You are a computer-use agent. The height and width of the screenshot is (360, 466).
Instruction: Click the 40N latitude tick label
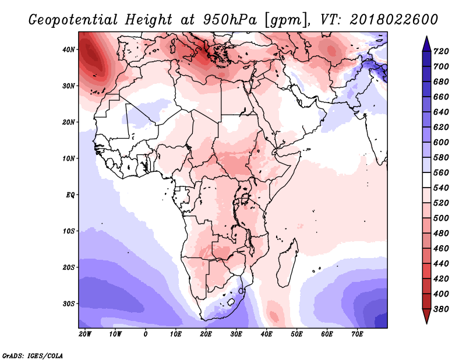click(x=69, y=50)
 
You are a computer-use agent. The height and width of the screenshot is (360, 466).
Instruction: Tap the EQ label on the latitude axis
click(x=70, y=195)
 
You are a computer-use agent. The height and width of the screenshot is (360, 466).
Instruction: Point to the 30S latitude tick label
click(x=69, y=304)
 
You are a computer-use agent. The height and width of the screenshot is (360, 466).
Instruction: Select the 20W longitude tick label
click(x=85, y=334)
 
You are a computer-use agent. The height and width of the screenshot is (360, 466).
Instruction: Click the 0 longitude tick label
click(x=145, y=334)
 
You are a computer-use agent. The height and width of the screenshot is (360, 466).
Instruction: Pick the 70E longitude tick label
click(x=357, y=334)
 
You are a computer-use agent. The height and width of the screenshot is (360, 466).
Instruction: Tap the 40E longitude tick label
click(x=266, y=334)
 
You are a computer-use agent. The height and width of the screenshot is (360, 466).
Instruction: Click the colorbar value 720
click(x=441, y=51)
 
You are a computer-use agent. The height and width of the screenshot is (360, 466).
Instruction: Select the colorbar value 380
click(x=441, y=309)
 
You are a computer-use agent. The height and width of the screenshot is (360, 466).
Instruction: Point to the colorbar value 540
click(x=441, y=188)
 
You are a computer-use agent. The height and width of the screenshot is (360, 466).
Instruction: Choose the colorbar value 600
click(x=441, y=142)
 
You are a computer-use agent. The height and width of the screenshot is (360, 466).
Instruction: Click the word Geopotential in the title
click(x=73, y=20)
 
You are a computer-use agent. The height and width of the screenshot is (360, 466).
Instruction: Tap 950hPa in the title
click(x=230, y=20)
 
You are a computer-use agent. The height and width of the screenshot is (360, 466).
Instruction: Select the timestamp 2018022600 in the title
click(x=394, y=19)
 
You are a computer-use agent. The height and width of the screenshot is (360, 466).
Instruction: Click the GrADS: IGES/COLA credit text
click(x=33, y=356)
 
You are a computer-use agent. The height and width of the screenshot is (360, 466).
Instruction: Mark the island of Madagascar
click(x=288, y=263)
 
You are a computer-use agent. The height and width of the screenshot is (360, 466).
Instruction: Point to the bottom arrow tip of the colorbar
click(x=426, y=323)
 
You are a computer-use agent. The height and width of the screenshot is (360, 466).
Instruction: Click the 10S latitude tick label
click(x=69, y=231)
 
